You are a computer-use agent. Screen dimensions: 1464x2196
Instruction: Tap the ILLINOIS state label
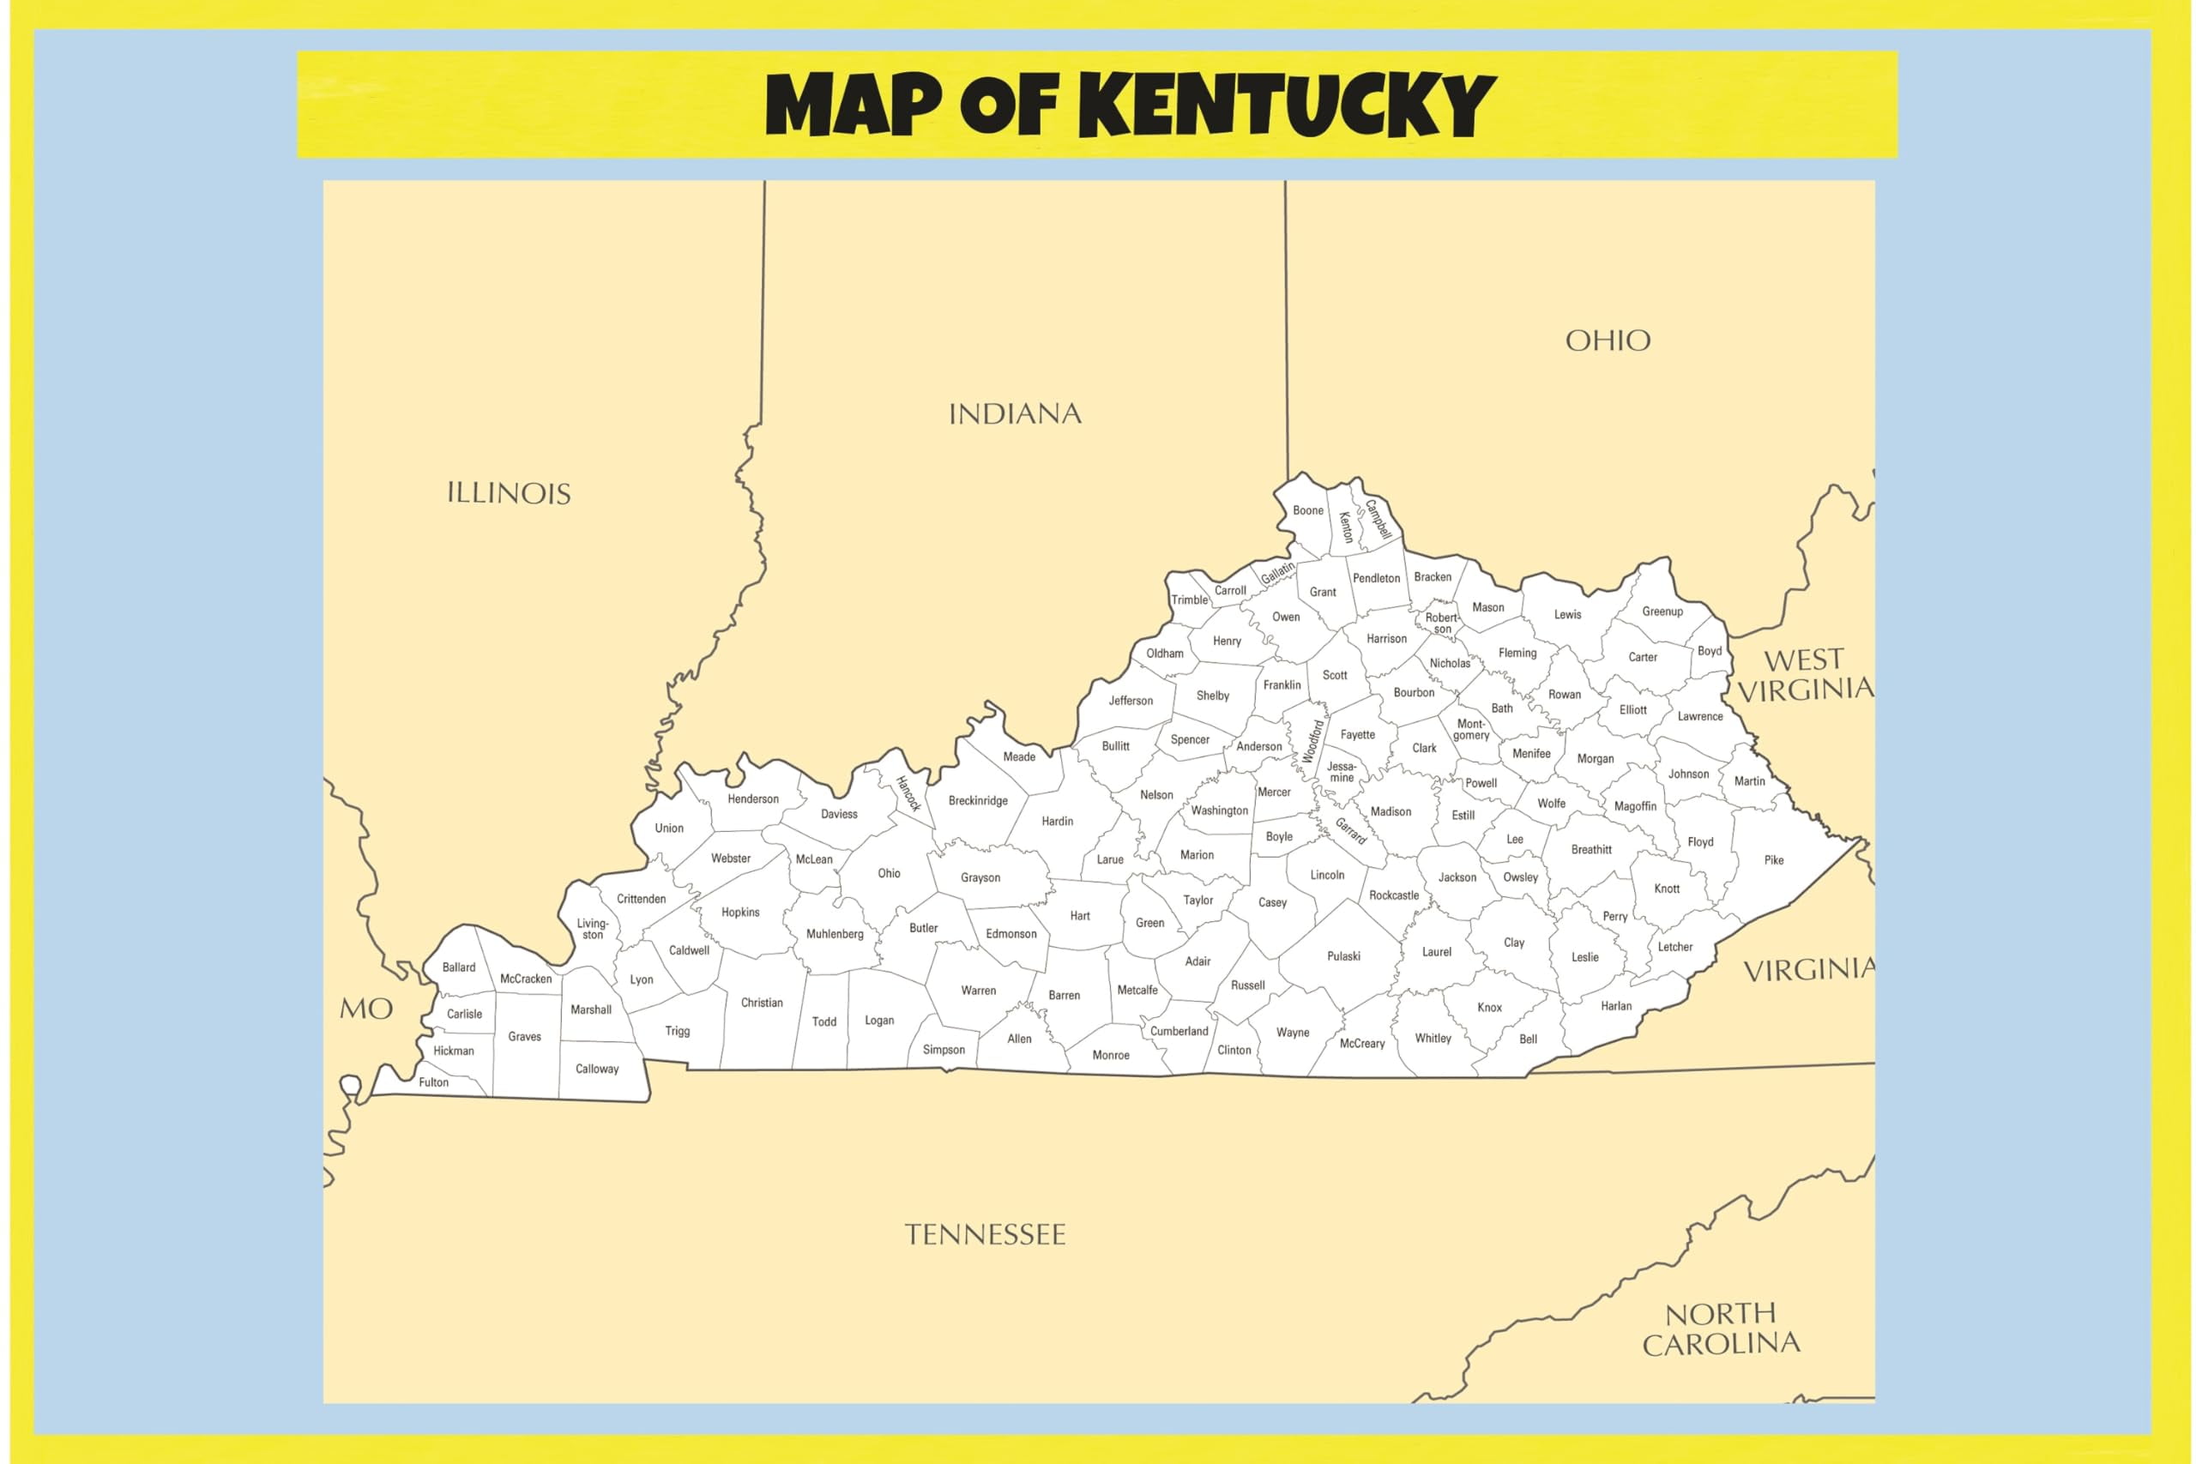pyautogui.click(x=509, y=494)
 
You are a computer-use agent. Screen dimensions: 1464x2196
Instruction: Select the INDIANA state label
pyautogui.click(x=1015, y=414)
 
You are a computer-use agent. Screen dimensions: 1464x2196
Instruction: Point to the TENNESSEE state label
pyautogui.click(x=985, y=1235)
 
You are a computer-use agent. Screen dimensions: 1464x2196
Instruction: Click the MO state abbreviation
pyautogui.click(x=365, y=1009)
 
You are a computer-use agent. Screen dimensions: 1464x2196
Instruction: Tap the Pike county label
pyautogui.click(x=1774, y=861)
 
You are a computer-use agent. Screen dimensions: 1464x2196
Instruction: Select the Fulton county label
pyautogui.click(x=433, y=1083)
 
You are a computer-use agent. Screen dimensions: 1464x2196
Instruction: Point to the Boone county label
pyautogui.click(x=1308, y=510)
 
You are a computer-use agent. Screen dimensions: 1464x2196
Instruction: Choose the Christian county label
pyautogui.click(x=762, y=1003)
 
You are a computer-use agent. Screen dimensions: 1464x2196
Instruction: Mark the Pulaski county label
pyautogui.click(x=1343, y=956)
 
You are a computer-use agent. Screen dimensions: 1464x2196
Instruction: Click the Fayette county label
pyautogui.click(x=1358, y=735)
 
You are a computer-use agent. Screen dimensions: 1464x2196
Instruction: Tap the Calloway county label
pyautogui.click(x=597, y=1069)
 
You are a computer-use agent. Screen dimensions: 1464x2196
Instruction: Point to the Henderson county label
pyautogui.click(x=752, y=799)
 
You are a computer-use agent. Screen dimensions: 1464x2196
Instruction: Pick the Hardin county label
pyautogui.click(x=1057, y=822)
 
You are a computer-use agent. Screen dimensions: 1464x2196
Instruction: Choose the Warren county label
pyautogui.click(x=979, y=991)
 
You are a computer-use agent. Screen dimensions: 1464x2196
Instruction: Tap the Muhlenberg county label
pyautogui.click(x=835, y=934)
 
